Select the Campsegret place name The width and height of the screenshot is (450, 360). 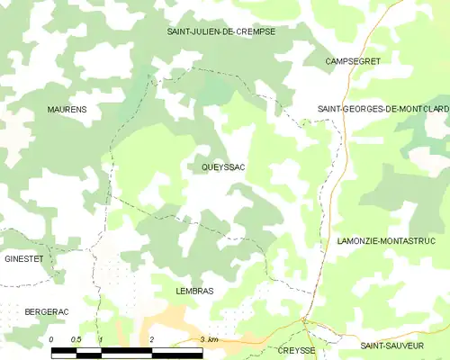(x=354, y=61)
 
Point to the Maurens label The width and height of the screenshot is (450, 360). (x=67, y=110)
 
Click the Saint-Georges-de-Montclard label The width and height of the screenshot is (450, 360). (x=383, y=110)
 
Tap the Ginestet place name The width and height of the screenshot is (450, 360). (x=24, y=259)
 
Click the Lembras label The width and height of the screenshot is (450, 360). (x=194, y=292)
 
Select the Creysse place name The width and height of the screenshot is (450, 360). (x=297, y=350)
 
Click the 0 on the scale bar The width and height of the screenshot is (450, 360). (x=51, y=339)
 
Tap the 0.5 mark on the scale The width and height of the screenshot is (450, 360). (x=76, y=339)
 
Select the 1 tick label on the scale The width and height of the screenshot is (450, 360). (x=101, y=339)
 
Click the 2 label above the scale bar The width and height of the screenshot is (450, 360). (x=152, y=339)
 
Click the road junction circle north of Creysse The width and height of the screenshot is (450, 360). (x=305, y=319)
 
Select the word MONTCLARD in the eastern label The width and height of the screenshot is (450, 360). (x=422, y=110)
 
